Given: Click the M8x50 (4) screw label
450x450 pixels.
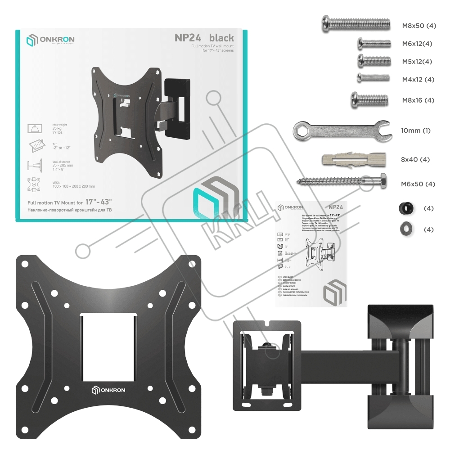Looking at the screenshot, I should tap(419, 26).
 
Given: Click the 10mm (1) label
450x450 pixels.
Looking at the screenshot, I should tap(415, 131).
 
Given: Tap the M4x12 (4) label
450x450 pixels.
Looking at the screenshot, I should tap(418, 80).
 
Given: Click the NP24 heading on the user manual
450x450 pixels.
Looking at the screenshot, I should tap(336, 207).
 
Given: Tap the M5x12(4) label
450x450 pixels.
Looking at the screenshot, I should tap(417, 62).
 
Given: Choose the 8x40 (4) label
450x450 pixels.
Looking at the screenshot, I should tap(415, 160).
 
